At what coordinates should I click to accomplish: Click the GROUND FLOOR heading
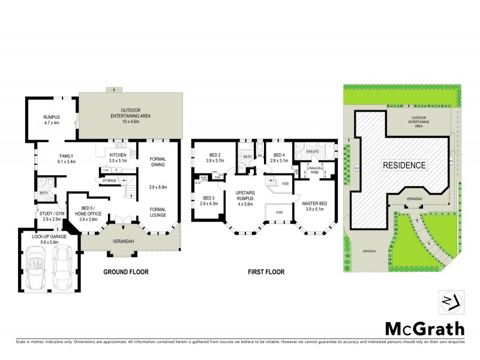[126, 272]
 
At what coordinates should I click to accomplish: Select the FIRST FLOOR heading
[266, 272]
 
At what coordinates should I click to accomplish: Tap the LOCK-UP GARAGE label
[48, 239]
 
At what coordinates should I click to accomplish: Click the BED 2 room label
[214, 158]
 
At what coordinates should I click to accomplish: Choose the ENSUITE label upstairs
[312, 151]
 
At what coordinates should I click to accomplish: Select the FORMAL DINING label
[158, 162]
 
